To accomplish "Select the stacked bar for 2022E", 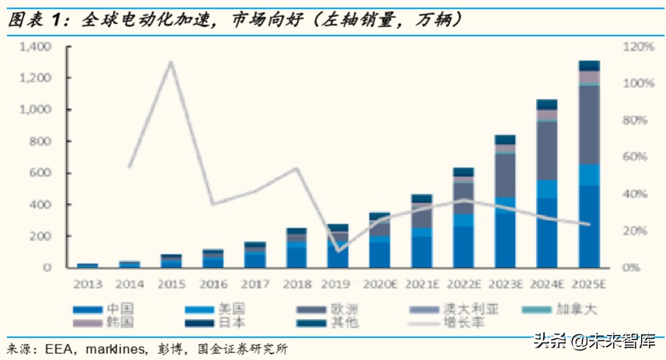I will pos(463,218).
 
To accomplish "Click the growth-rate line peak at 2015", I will pos(170,62).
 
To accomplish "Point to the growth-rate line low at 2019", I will pos(338,250).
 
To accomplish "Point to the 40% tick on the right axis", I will pos(636,194).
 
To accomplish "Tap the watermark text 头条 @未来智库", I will pos(592,341).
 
